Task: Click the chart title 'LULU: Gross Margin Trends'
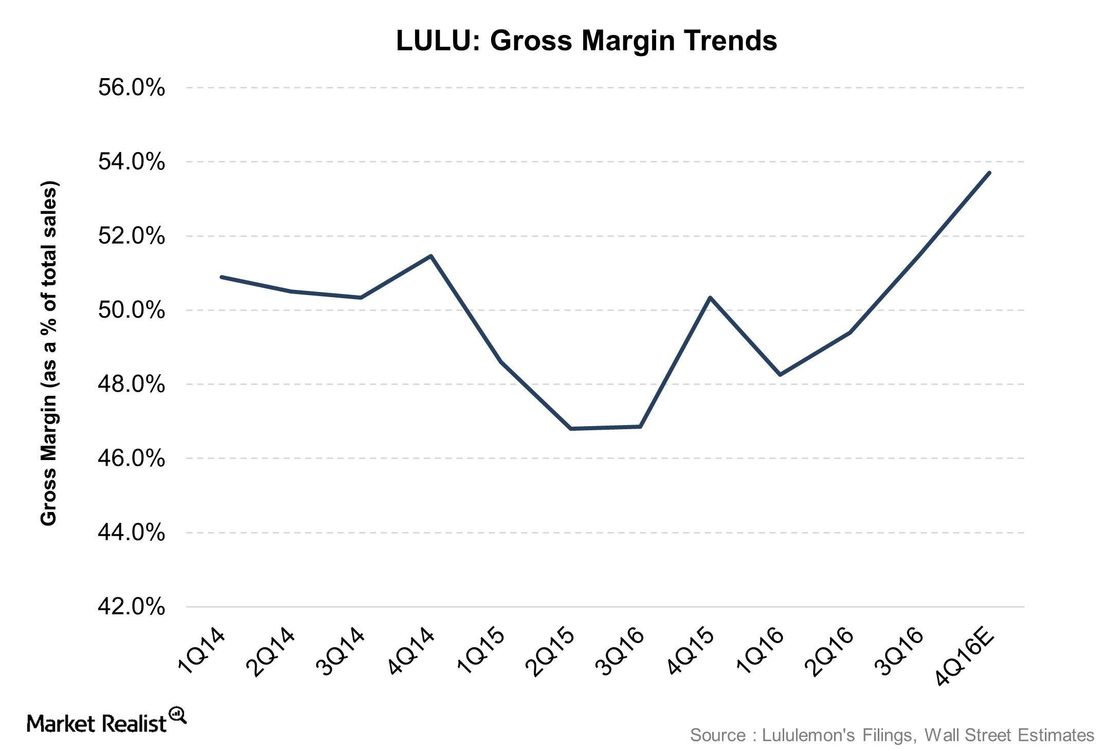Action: pyautogui.click(x=586, y=41)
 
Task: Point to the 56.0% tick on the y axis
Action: pyautogui.click(x=132, y=88)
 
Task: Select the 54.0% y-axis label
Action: pyautogui.click(x=132, y=162)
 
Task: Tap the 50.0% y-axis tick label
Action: pyautogui.click(x=132, y=310)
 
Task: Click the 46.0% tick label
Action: pyautogui.click(x=132, y=459)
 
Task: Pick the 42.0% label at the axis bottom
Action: pyautogui.click(x=132, y=607)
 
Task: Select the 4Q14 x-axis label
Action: pyautogui.click(x=412, y=652)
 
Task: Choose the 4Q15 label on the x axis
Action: pyautogui.click(x=691, y=652)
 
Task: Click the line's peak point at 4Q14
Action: pyautogui.click(x=431, y=255)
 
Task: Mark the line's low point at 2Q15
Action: pyautogui.click(x=571, y=428)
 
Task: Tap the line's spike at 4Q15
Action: pyautogui.click(x=710, y=298)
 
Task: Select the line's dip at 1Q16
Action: pyautogui.click(x=780, y=375)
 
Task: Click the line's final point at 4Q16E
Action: pyautogui.click(x=989, y=173)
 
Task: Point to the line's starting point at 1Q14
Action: pyautogui.click(x=221, y=277)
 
